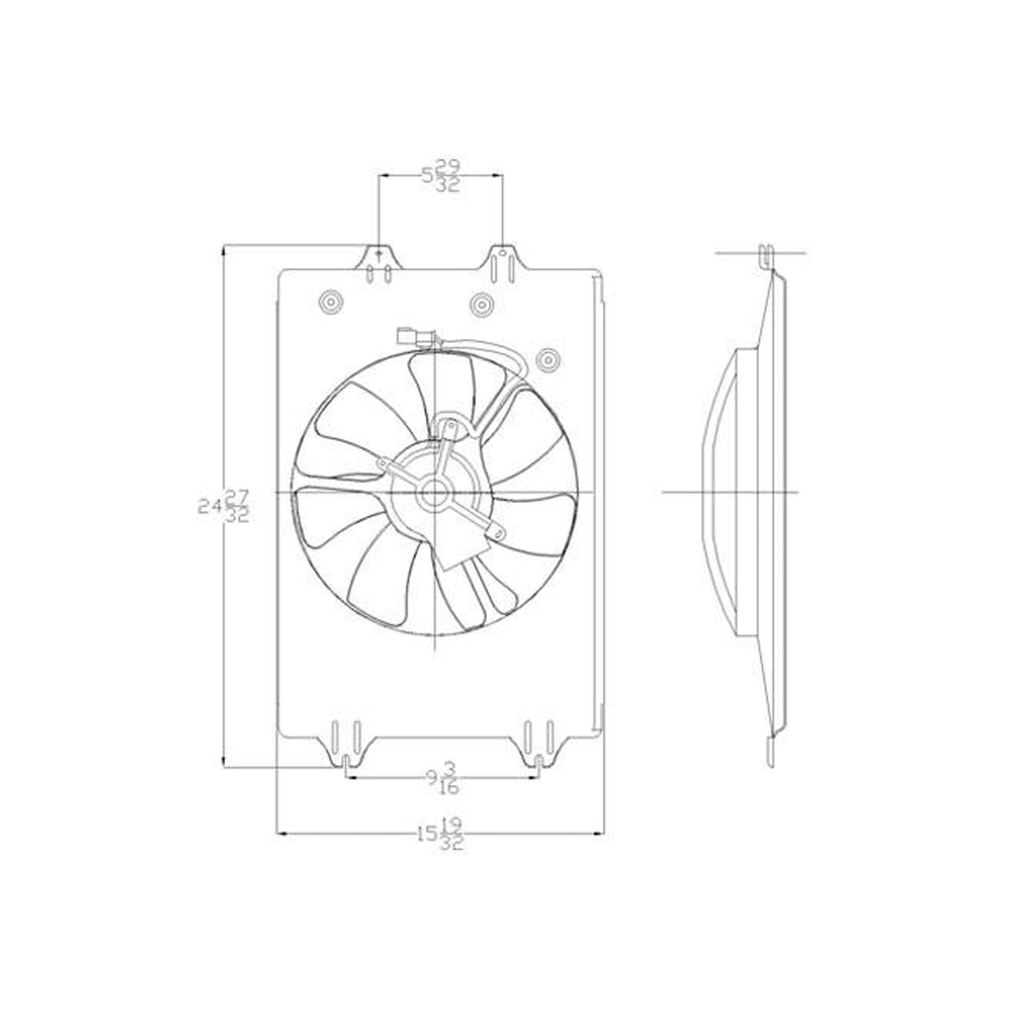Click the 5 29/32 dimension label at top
[442, 174]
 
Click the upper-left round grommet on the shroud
[328, 302]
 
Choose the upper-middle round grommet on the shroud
[481, 302]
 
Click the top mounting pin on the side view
[767, 251]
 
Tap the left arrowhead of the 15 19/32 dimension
[282, 835]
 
